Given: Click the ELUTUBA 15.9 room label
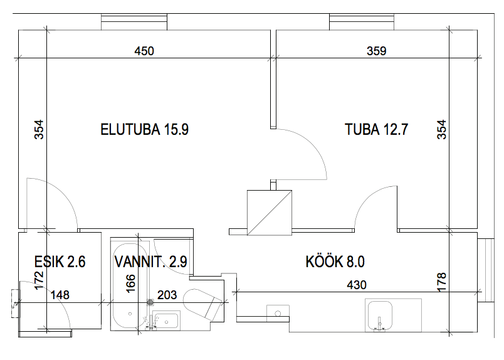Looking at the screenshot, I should pos(145,130).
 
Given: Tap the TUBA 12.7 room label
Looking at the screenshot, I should pos(377,130).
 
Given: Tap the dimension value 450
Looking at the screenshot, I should pos(144,51).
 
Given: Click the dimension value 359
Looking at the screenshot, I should pos(377,51).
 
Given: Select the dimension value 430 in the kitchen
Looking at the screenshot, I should pos(356,285).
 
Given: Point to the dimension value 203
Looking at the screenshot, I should pos(168,294).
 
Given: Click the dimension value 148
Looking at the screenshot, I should pos(61,294).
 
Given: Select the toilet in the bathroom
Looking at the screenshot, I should pos(204,302).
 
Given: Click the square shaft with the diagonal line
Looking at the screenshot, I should pos(270,213).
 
